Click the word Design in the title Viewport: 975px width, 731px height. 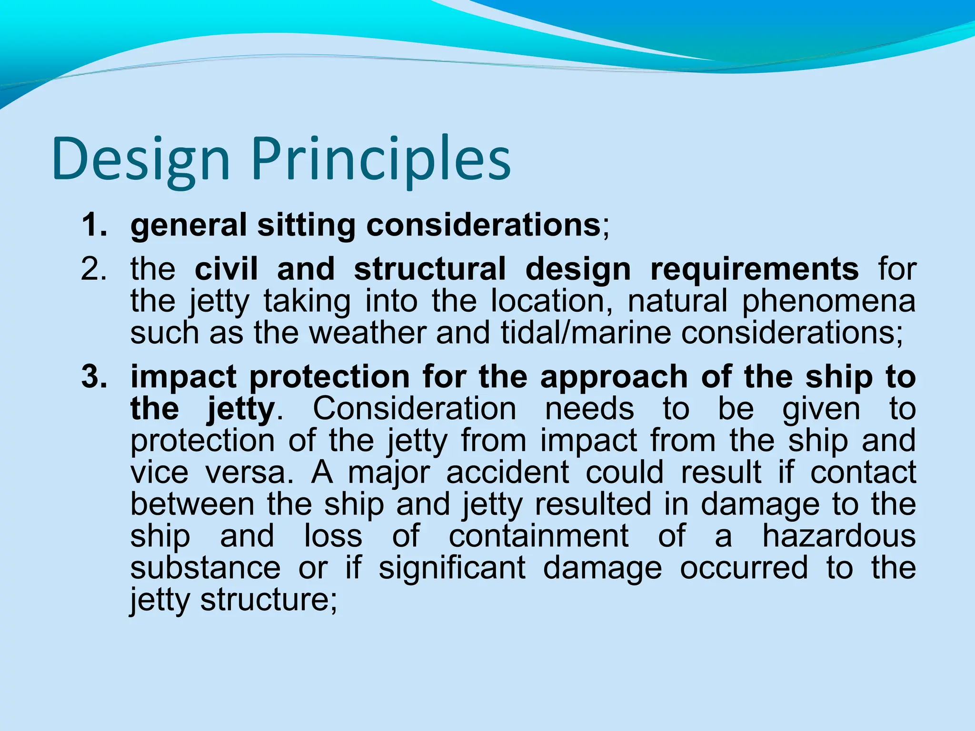pos(141,159)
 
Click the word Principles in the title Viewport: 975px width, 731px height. pos(381,159)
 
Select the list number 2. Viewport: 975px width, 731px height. pos(94,269)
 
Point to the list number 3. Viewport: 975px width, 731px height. pos(94,377)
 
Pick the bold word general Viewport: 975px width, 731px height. pos(189,226)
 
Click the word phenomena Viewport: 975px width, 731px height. pos(829,302)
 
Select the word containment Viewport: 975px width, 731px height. pos(538,536)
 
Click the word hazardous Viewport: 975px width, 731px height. pos(839,536)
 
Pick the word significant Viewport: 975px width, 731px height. pos(452,569)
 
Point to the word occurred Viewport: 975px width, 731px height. pos(744,568)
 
